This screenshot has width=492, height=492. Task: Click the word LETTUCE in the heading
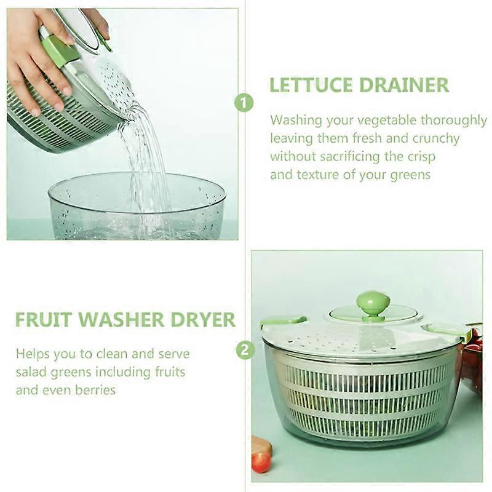311,85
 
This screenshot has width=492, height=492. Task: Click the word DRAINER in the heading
404,85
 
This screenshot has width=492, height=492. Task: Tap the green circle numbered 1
244,103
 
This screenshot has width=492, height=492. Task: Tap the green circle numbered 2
245,350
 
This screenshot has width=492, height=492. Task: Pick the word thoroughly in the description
453,121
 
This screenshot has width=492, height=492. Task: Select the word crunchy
436,139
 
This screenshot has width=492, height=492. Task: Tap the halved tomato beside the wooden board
261,462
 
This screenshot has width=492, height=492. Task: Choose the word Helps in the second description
33,354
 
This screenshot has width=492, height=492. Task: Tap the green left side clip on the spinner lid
282,322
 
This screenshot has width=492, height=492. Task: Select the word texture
318,175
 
